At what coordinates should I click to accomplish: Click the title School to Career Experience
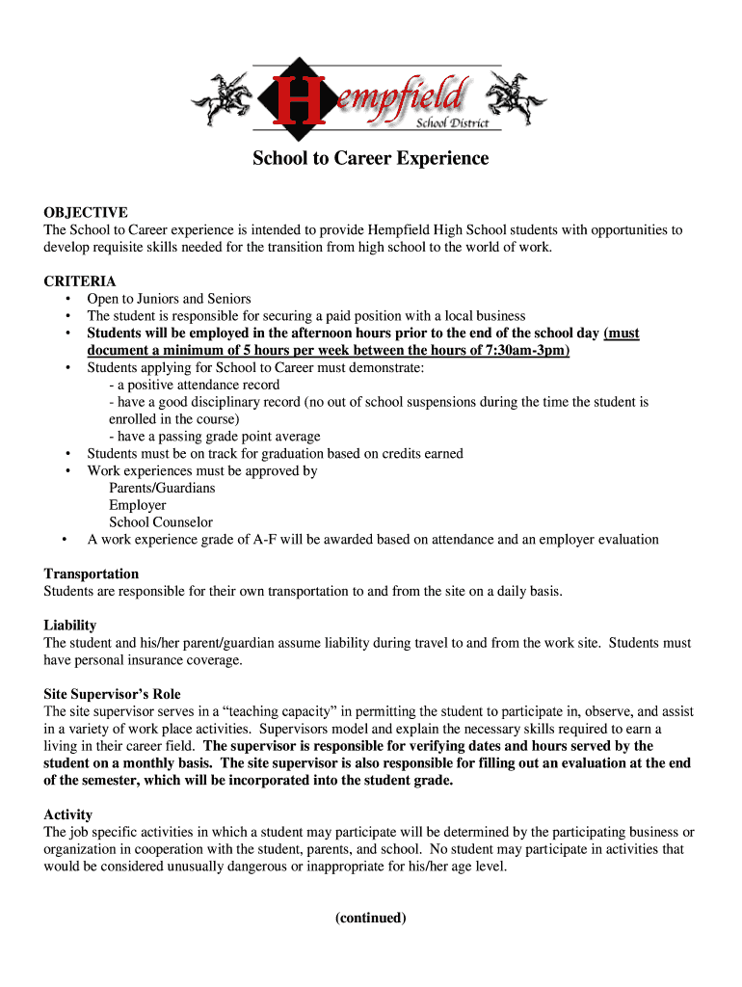click(370, 158)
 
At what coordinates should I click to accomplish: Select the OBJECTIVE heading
click(86, 212)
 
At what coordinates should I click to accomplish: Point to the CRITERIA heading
click(80, 281)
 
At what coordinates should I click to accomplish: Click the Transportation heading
click(92, 574)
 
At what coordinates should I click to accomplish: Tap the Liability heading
click(70, 625)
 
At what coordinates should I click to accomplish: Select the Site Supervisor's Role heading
click(112, 694)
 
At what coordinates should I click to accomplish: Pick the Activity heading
click(68, 814)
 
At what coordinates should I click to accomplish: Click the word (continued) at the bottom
click(371, 918)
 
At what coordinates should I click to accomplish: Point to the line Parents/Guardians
click(162, 488)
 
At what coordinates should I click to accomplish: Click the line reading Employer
click(137, 505)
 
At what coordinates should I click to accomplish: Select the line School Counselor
click(161, 522)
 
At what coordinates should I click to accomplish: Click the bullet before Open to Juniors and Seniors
click(68, 299)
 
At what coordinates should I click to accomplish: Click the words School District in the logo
click(452, 123)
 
